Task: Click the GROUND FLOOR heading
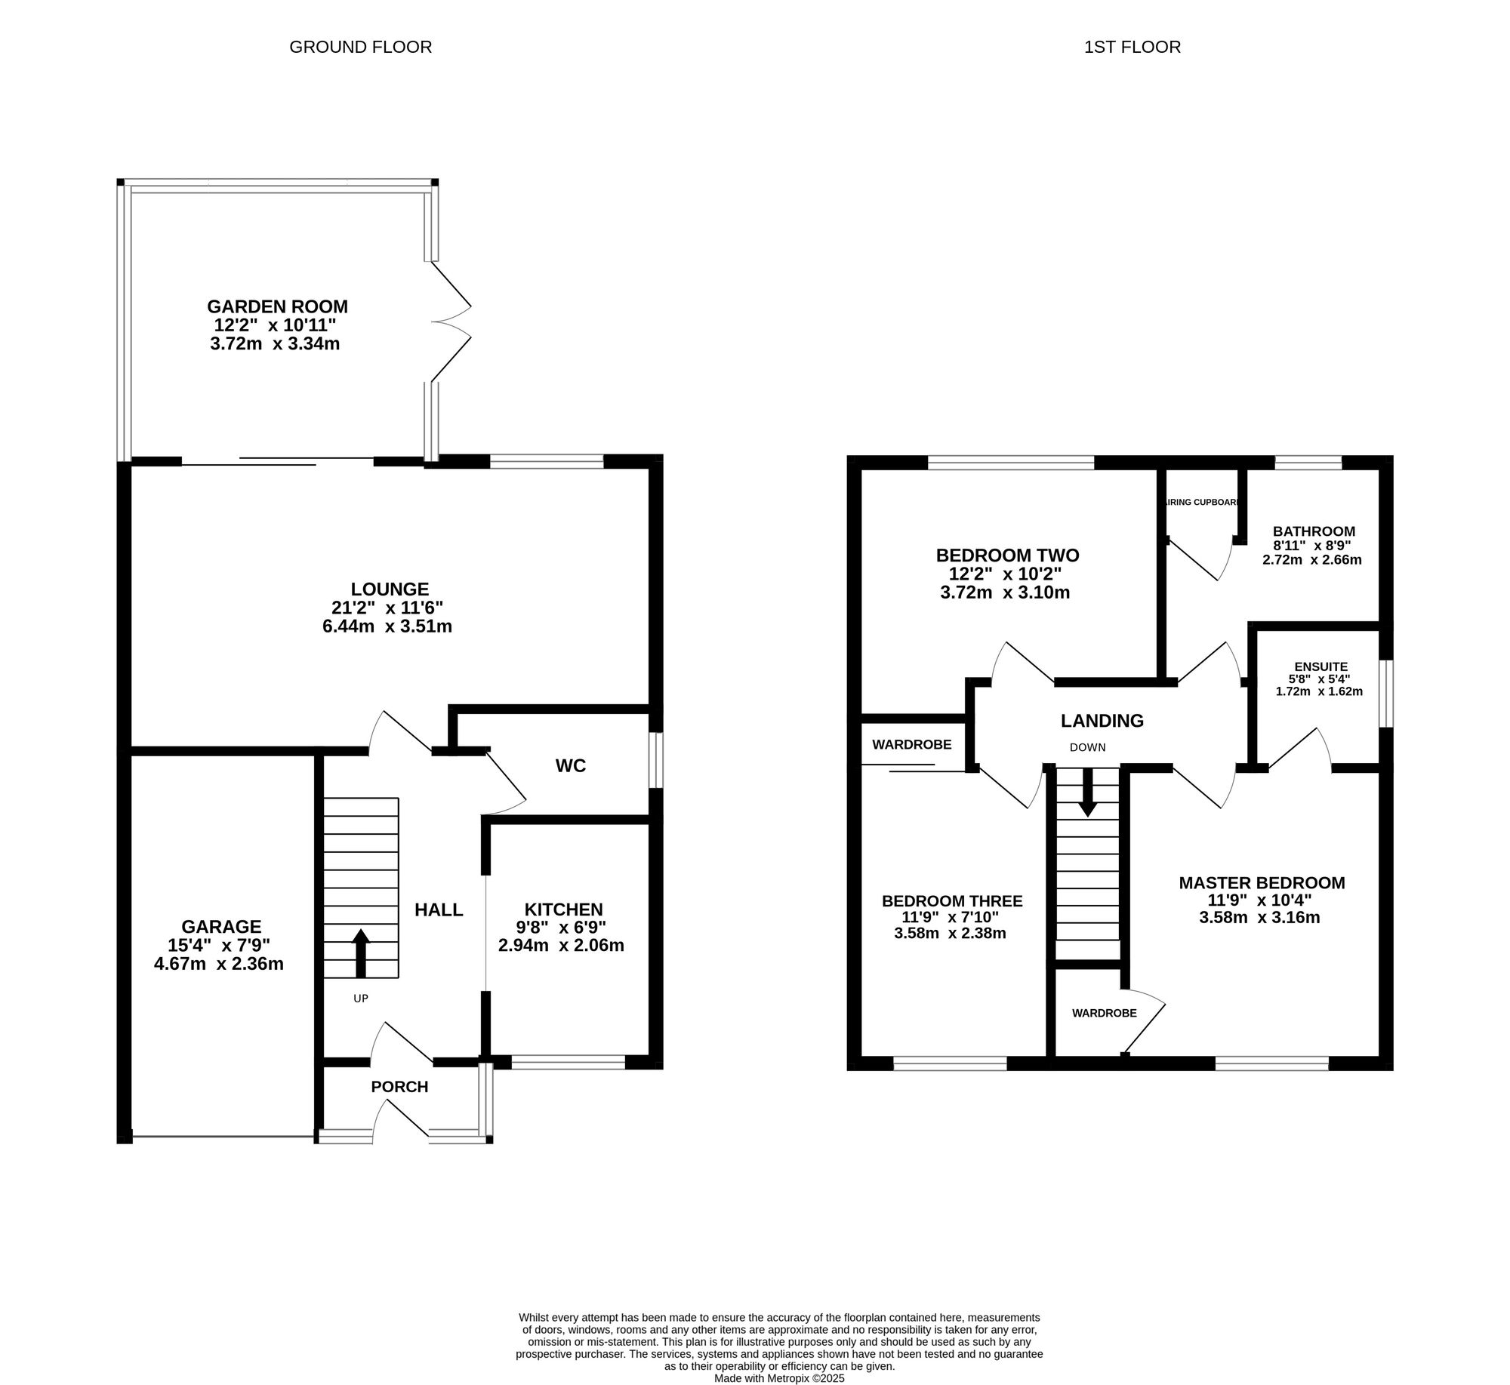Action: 361,47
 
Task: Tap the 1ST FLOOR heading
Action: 1132,47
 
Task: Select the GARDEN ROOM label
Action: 278,306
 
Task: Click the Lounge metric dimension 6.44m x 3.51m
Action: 387,626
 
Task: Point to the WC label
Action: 571,765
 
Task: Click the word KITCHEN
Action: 564,909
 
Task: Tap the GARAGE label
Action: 221,926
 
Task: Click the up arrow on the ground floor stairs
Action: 361,953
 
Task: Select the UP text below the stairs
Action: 361,998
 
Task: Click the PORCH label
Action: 399,1086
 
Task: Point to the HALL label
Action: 439,909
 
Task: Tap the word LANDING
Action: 1102,720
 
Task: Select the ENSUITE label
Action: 1320,666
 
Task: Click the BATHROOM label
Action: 1314,531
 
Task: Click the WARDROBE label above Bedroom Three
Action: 912,744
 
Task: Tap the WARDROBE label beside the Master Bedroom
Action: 1104,1013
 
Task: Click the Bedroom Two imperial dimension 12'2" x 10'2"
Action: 1005,574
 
